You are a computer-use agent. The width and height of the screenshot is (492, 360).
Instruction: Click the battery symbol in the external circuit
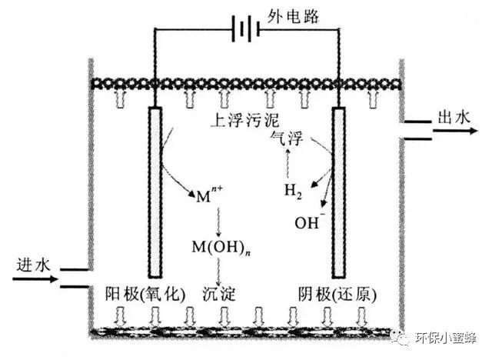[245, 31]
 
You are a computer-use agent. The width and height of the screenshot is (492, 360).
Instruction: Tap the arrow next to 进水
[35, 279]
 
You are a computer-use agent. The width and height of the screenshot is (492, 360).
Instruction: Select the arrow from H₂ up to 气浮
[288, 163]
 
